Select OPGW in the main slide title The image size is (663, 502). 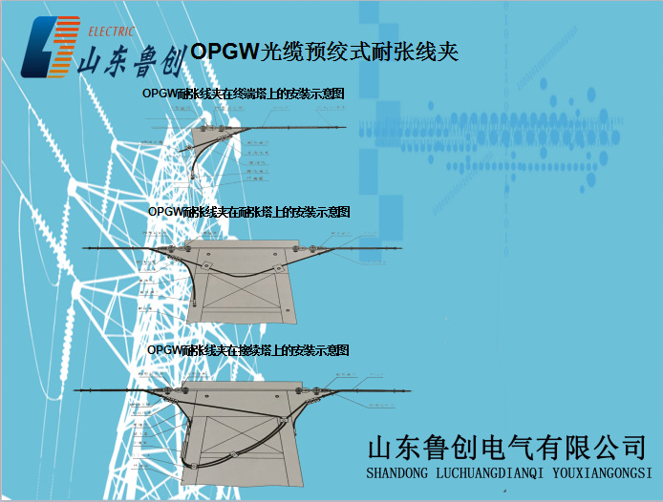220,52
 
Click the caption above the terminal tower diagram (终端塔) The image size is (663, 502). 243,94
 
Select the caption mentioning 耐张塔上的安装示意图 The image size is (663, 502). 249,211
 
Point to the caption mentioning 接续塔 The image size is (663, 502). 248,350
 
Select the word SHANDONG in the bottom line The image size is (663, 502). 398,472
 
